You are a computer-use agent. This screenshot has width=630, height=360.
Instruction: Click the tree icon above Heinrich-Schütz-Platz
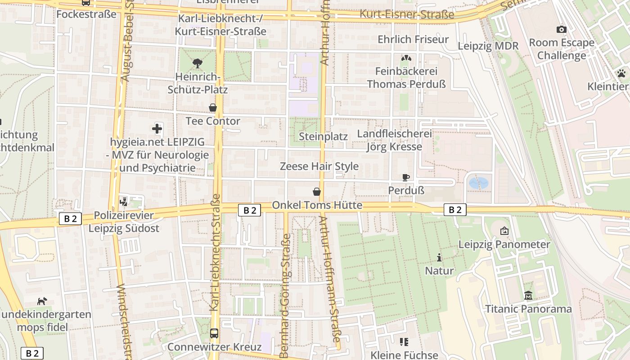197,63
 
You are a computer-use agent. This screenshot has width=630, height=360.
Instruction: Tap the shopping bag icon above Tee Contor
213,108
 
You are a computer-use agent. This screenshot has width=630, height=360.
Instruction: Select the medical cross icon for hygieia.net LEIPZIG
157,129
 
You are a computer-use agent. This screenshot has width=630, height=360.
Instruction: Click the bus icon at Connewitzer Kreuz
214,333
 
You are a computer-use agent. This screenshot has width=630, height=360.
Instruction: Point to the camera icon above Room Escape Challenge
561,30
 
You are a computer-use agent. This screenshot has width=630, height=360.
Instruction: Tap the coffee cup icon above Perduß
406,177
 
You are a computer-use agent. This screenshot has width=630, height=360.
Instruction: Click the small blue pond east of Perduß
478,183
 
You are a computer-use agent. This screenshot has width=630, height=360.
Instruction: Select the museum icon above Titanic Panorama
528,296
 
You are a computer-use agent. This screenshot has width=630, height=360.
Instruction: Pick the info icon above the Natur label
439,258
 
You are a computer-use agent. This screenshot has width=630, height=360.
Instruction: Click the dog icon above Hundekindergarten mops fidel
42,301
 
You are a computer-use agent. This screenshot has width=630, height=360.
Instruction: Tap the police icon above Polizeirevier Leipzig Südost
124,202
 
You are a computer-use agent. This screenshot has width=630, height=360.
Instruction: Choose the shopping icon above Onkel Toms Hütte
317,192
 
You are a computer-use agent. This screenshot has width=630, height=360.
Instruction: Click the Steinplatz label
324,136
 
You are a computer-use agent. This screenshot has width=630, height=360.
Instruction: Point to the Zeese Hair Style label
319,166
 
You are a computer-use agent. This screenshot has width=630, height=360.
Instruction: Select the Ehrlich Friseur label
413,40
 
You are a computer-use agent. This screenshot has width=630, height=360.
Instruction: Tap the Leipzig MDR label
488,46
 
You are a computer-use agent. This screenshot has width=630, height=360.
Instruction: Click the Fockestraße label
86,14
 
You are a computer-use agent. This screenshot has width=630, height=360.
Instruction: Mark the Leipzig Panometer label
504,244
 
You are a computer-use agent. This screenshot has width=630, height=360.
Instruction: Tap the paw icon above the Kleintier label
621,73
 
